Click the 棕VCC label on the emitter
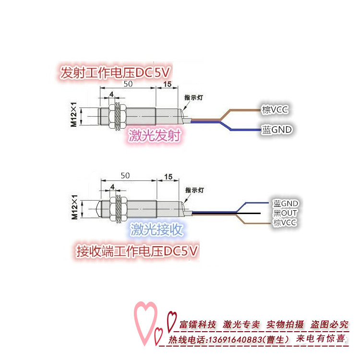[x=275, y=109]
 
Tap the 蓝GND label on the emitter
[x=276, y=130]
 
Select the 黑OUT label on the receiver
[x=285, y=213]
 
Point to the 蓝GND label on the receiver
[x=286, y=204]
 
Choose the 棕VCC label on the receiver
[x=285, y=222]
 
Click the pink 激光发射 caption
[x=154, y=135]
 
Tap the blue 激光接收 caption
[x=157, y=229]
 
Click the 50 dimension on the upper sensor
[x=128, y=84]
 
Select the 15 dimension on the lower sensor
[x=168, y=177]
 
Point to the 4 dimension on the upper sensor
[x=111, y=94]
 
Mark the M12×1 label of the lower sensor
[x=74, y=207]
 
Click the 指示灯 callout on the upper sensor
[x=193, y=97]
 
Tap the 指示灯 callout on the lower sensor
[x=194, y=190]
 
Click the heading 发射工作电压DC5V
[x=115, y=72]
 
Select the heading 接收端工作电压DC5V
[x=137, y=251]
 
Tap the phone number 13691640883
[x=235, y=339]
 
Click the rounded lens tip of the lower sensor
[x=98, y=209]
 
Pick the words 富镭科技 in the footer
[x=197, y=324]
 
